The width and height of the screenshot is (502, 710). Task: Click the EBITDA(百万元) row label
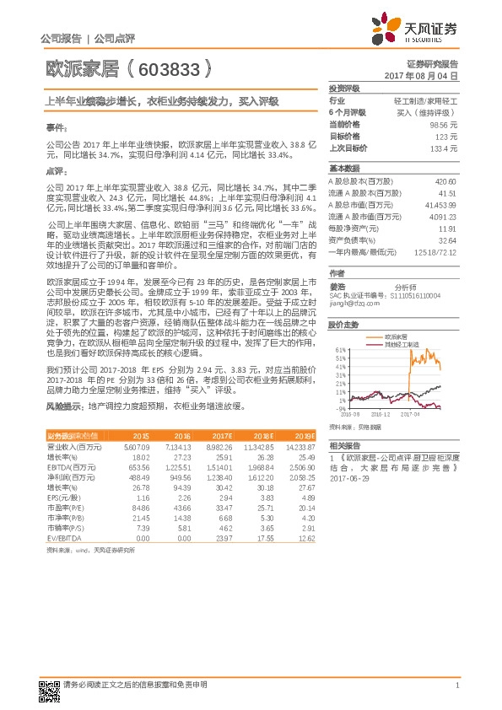tap(70, 465)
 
